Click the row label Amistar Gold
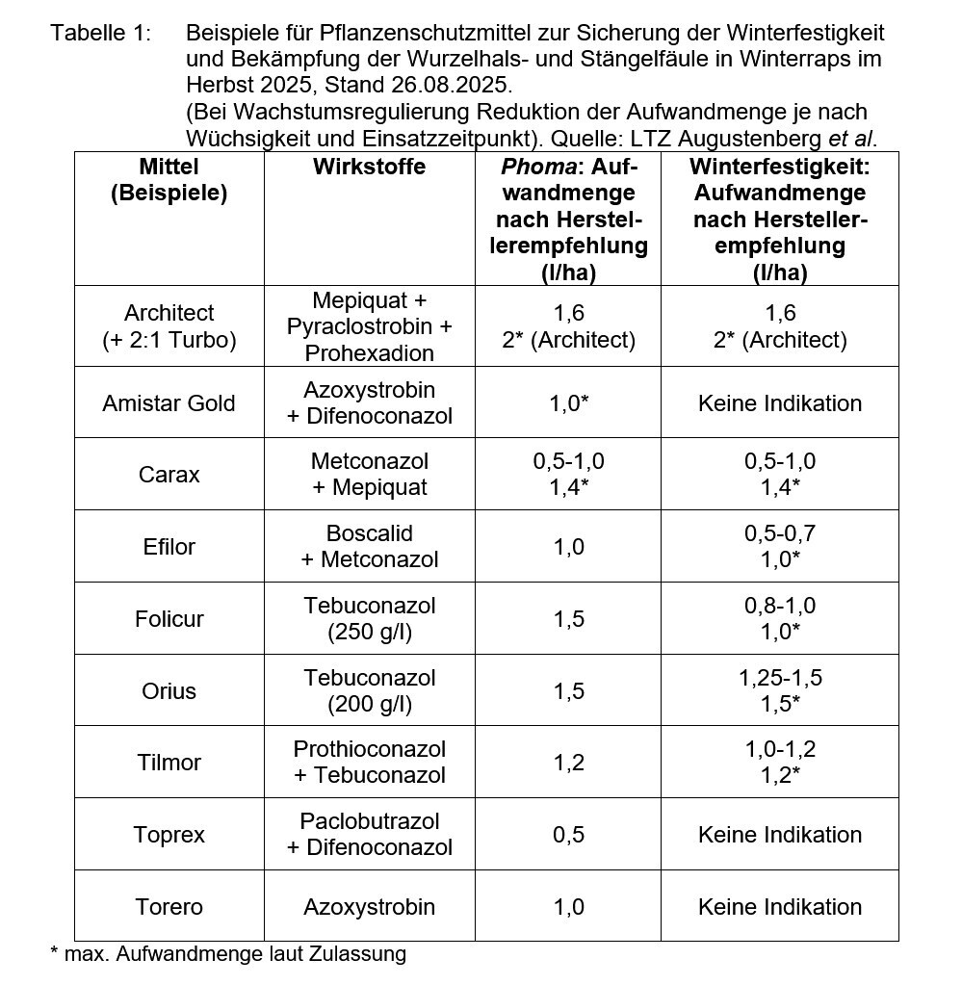169,403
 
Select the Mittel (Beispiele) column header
169,180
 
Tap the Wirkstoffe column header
369,168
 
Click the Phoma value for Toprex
568,835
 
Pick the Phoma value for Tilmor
568,763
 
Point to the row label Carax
169,475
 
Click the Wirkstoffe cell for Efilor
369,546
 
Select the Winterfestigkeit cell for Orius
779,690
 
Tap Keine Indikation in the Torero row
779,907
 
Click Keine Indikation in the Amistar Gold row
779,403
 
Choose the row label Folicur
169,619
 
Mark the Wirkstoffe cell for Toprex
369,835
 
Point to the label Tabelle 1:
101,34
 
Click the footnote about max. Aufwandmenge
228,954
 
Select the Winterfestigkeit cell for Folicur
779,618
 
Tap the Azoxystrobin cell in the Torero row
369,907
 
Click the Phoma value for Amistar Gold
568,403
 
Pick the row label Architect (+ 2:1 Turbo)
169,326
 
